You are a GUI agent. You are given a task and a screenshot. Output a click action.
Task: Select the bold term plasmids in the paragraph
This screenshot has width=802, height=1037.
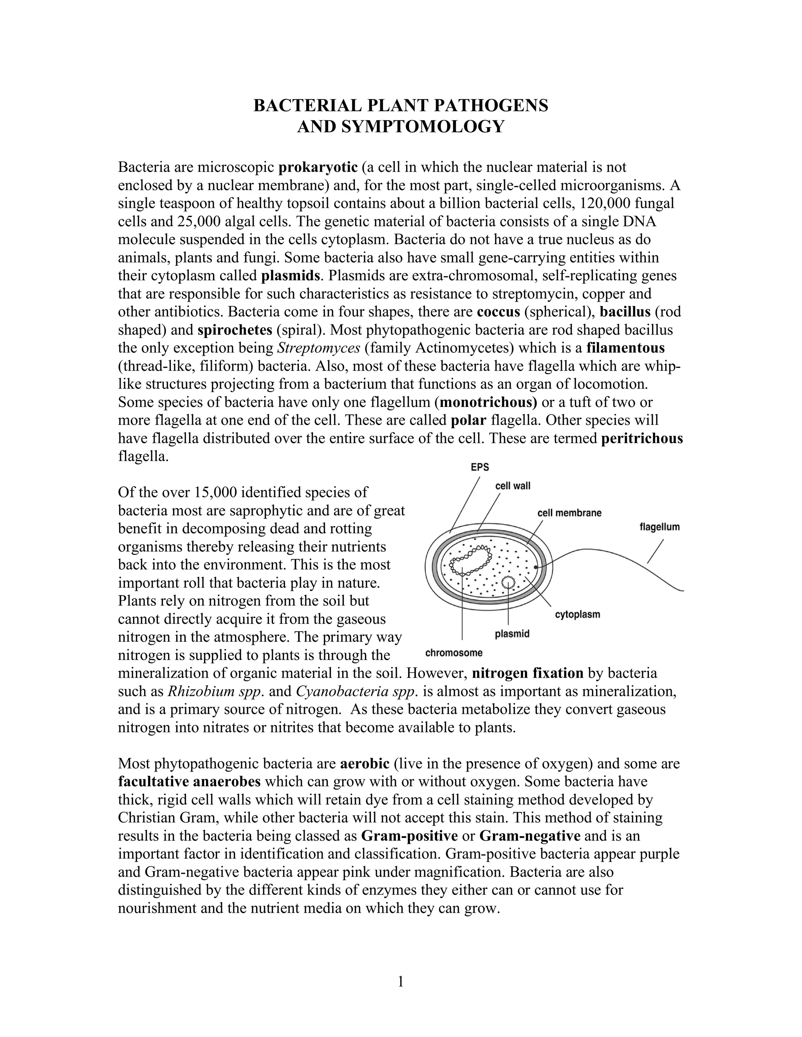[x=290, y=275]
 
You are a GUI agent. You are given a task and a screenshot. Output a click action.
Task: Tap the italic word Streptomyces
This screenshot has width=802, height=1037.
[x=318, y=348]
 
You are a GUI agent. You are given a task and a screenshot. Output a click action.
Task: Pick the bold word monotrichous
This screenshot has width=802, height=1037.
[x=488, y=402]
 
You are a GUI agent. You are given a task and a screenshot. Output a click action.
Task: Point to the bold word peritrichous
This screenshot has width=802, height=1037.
[x=641, y=438]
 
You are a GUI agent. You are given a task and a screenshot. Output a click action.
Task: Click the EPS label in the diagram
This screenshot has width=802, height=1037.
[x=479, y=467]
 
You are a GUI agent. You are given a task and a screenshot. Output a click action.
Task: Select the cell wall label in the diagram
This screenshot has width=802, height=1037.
[x=513, y=486]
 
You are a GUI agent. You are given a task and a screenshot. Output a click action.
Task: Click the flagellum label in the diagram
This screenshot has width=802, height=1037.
[x=659, y=527]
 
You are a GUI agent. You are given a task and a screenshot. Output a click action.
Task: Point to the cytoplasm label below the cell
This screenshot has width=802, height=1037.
[x=577, y=614]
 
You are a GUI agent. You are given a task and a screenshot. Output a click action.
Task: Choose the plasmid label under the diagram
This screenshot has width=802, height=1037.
[x=512, y=634]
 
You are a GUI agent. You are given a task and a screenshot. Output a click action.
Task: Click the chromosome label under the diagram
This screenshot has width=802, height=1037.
[x=454, y=653]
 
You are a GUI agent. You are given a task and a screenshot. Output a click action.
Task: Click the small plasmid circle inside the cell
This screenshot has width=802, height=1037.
[x=508, y=582]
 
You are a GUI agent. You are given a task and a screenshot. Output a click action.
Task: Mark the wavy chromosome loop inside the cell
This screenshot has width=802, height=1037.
[x=470, y=560]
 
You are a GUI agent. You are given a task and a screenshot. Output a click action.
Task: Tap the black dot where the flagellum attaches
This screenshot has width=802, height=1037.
[x=536, y=567]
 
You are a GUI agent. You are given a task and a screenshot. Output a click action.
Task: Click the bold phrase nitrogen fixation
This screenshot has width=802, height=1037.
[x=527, y=673]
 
